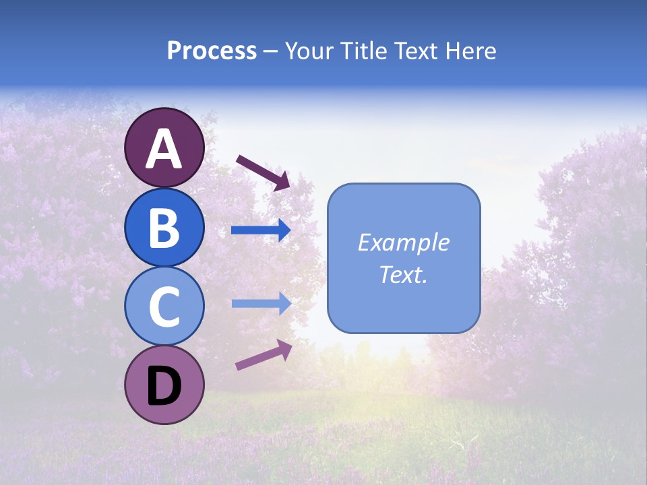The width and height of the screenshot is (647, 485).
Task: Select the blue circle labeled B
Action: tap(164, 227)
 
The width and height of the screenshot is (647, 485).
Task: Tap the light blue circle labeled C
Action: tap(164, 306)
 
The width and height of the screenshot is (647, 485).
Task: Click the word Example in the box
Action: tap(404, 243)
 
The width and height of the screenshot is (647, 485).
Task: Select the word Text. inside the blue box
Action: tap(404, 275)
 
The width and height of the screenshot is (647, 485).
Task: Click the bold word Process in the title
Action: tap(212, 51)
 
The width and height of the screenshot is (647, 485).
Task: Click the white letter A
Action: tap(164, 149)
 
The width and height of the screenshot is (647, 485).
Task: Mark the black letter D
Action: tap(164, 386)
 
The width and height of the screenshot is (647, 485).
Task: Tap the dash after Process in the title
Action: tap(271, 52)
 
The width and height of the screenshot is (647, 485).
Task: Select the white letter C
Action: tap(164, 307)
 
